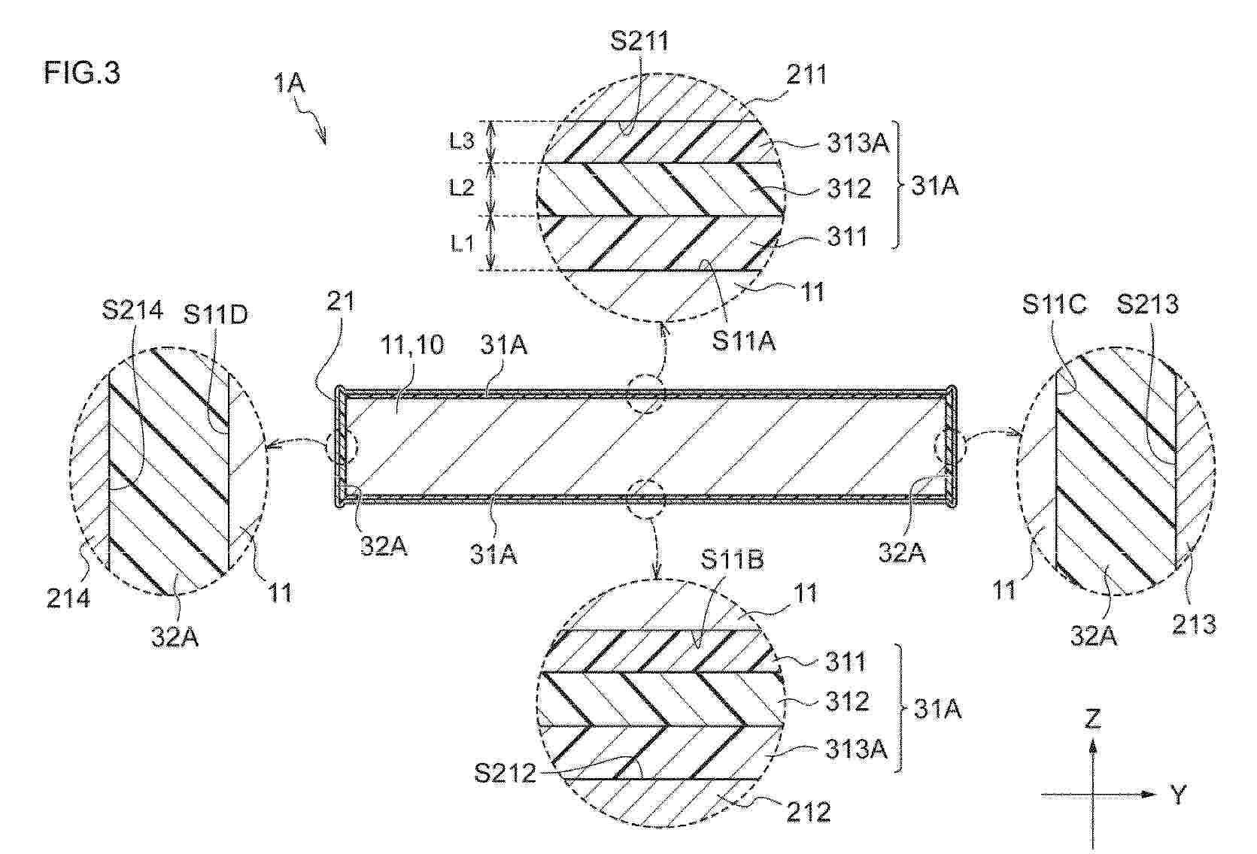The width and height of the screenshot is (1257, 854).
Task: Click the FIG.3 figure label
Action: [82, 74]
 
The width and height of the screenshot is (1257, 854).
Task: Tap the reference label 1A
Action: [289, 83]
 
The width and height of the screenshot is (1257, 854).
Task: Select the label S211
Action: [639, 41]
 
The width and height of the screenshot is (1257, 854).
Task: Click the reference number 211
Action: [806, 74]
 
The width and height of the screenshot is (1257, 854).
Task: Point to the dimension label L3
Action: [462, 141]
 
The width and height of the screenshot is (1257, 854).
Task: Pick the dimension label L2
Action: [462, 188]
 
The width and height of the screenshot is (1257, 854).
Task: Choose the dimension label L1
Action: [462, 244]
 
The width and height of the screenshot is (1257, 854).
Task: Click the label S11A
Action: [743, 341]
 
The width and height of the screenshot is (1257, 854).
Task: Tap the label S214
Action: [132, 309]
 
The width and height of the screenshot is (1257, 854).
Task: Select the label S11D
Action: [215, 315]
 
